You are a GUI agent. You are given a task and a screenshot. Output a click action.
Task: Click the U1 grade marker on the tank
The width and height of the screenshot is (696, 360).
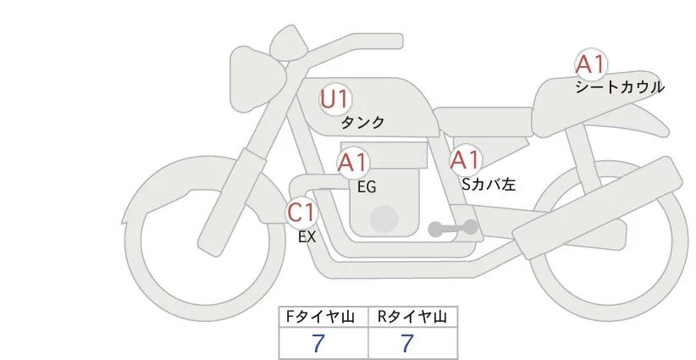(334, 99)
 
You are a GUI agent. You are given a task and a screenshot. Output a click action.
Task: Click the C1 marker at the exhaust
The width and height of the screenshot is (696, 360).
(301, 212)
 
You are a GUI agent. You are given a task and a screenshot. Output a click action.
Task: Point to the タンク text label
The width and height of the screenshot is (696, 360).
(362, 123)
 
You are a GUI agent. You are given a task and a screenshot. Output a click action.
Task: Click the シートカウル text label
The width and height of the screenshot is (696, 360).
(619, 86)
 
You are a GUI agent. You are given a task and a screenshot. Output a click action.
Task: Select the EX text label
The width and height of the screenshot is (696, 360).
(307, 237)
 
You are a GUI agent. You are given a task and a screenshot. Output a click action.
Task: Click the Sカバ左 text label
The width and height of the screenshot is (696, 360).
(489, 182)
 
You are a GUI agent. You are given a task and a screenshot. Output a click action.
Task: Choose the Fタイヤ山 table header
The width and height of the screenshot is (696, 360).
(323, 317)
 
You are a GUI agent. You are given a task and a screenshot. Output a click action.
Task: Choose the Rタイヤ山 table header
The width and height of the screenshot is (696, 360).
(412, 317)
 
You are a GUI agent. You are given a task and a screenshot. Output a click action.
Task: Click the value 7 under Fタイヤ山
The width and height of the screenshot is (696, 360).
(318, 343)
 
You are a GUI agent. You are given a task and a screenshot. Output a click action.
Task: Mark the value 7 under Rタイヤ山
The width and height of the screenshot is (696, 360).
(407, 343)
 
